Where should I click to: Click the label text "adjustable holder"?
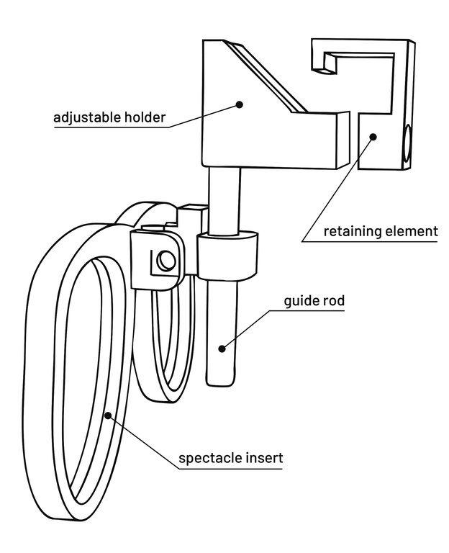(109, 117)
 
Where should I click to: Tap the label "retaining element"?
(380, 231)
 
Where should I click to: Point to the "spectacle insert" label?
(230, 457)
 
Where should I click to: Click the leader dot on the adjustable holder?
(240, 104)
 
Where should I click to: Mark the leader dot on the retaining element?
(373, 135)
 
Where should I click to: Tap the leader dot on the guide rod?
(222, 349)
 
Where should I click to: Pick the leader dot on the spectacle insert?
(109, 415)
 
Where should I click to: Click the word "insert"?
(263, 457)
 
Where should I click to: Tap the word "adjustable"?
(85, 117)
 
